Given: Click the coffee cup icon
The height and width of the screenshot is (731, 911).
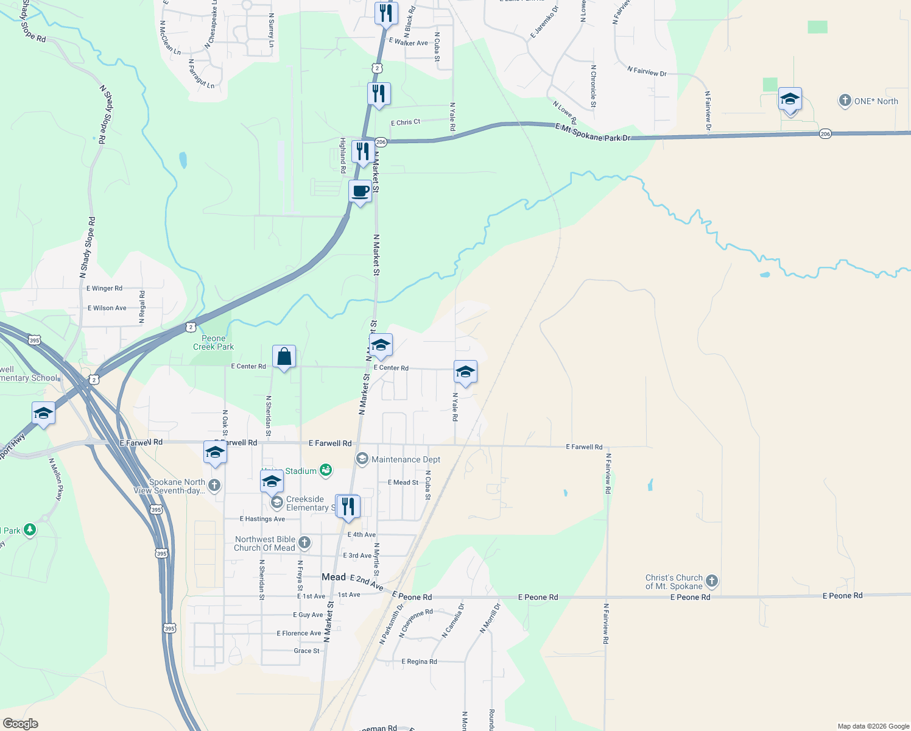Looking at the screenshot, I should pyautogui.click(x=361, y=191).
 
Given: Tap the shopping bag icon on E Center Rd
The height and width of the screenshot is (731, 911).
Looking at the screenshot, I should pyautogui.click(x=284, y=356).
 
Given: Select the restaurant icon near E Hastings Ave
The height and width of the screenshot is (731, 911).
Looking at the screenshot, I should pyautogui.click(x=348, y=506).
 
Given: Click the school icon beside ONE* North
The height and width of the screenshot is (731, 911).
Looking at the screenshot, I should pyautogui.click(x=790, y=99).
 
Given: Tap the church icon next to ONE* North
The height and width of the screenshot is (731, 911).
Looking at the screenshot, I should pyautogui.click(x=845, y=101).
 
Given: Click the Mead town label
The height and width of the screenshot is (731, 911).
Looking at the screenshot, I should pyautogui.click(x=333, y=577).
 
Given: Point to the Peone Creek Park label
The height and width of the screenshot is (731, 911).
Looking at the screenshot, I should pyautogui.click(x=213, y=343).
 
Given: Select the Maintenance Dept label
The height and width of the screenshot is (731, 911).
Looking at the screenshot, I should pyautogui.click(x=406, y=459).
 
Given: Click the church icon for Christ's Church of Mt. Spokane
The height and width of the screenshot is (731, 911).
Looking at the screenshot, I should pyautogui.click(x=711, y=581).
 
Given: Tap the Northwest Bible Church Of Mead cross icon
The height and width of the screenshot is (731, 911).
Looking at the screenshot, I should pyautogui.click(x=304, y=542).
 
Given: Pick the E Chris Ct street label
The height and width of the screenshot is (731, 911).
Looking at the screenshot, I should pyautogui.click(x=406, y=122).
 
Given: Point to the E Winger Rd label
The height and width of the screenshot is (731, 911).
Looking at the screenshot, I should pyautogui.click(x=104, y=288).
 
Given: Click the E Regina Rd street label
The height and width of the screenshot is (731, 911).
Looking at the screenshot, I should pyautogui.click(x=419, y=662).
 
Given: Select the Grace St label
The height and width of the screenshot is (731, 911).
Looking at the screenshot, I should pyautogui.click(x=306, y=651).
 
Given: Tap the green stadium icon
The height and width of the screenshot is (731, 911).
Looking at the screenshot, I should pyautogui.click(x=326, y=470).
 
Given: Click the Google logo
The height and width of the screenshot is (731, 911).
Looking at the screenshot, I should pyautogui.click(x=21, y=724).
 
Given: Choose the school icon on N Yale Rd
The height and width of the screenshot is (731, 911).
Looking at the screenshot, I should pyautogui.click(x=465, y=372).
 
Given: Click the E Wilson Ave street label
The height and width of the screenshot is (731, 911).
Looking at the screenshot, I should pyautogui.click(x=107, y=308).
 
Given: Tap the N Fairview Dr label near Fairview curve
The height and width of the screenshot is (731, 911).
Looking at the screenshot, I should pyautogui.click(x=647, y=72).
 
